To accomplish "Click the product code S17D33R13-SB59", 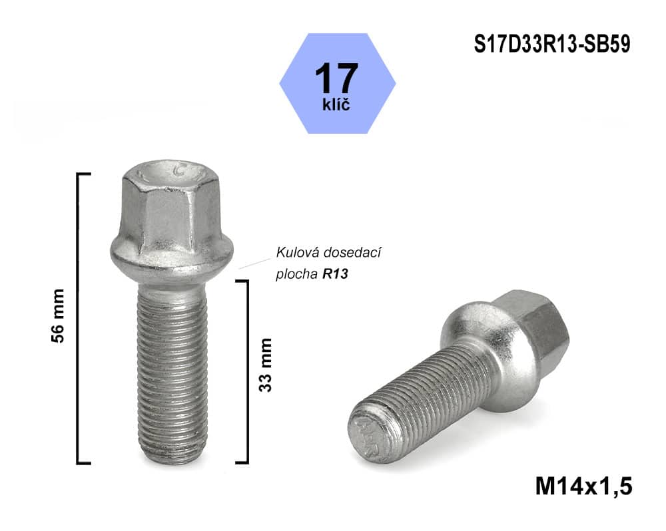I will (x=552, y=44).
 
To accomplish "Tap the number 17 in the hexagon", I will (x=336, y=79).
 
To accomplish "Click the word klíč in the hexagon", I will (x=336, y=104).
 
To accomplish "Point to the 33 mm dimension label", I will (x=266, y=365).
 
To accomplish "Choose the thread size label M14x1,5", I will (x=583, y=484).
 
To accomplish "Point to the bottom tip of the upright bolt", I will (x=171, y=459).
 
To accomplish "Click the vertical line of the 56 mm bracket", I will (x=79, y=317).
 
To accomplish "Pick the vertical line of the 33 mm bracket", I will (x=247, y=370).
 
